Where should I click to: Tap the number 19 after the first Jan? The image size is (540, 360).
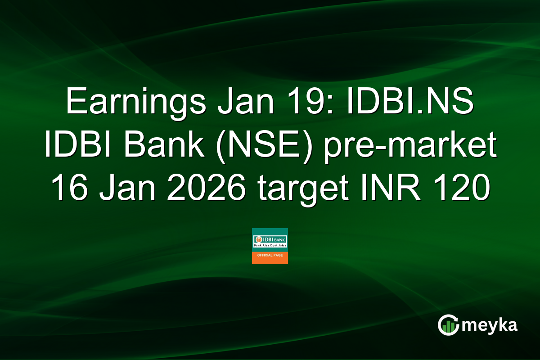tap(297, 103)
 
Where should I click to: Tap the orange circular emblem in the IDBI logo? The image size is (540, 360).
tap(259, 239)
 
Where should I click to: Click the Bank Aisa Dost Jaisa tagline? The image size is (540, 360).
tap(270, 247)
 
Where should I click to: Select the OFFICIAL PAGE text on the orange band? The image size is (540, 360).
tap(270, 255)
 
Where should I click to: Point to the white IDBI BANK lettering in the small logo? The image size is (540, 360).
tap(274, 239)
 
